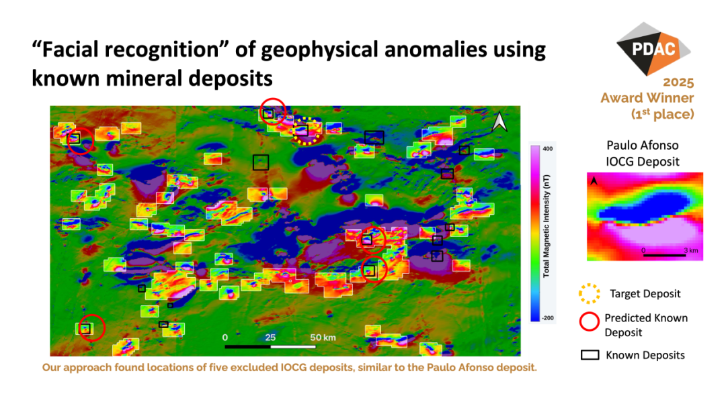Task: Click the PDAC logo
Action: click(653, 48)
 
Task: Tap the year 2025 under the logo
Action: click(678, 83)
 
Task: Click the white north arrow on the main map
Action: click(499, 121)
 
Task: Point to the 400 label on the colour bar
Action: click(548, 149)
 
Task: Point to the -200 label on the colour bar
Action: click(548, 318)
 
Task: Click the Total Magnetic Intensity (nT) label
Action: click(547, 226)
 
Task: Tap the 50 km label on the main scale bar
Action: click(323, 338)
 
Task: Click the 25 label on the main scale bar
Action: click(270, 338)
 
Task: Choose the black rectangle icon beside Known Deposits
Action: click(590, 355)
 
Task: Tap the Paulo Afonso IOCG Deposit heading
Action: click(643, 154)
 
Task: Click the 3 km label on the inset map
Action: click(691, 250)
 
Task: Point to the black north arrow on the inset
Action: click(594, 181)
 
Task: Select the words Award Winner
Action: click(647, 98)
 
